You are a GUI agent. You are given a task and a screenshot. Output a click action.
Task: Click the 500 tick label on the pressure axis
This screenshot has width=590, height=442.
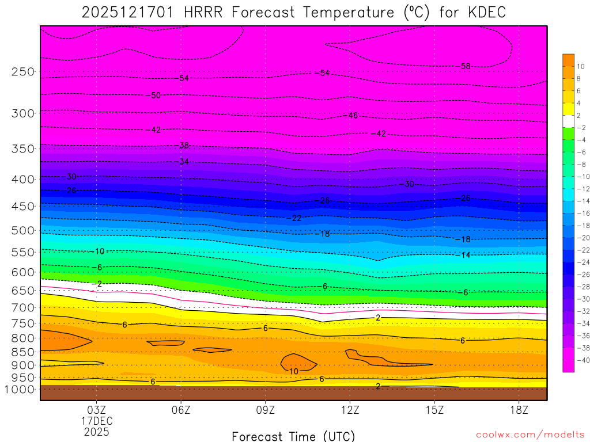point(23,230)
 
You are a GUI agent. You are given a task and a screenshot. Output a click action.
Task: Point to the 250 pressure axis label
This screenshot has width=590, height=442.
point(23,72)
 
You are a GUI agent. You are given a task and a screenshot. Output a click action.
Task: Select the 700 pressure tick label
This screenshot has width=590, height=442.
point(23,307)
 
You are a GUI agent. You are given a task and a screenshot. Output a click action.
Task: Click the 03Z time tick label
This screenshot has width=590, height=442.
point(96,410)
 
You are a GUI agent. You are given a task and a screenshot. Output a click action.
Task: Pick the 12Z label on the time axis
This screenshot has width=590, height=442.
point(350,410)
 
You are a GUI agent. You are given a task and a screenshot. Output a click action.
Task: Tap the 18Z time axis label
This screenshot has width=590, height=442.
point(519,410)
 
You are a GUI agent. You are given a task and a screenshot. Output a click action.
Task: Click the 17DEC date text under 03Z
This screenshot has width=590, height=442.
point(96,421)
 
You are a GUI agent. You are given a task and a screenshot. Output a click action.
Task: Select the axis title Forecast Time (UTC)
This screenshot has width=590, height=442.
point(293,436)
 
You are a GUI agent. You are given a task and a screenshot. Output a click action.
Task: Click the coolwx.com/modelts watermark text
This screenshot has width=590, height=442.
point(530,435)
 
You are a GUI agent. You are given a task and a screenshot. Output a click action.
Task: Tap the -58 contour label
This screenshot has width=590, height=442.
point(464,66)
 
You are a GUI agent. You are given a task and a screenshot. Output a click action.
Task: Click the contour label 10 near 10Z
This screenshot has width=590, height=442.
point(294,372)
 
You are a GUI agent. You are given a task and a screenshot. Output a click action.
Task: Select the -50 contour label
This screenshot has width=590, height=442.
point(154,96)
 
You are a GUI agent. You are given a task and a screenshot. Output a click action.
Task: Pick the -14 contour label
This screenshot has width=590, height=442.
point(464,255)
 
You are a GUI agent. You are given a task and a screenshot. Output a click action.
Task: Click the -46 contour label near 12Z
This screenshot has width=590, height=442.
point(353,116)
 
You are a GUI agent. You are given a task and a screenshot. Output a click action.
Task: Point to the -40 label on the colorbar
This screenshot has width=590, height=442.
point(580,360)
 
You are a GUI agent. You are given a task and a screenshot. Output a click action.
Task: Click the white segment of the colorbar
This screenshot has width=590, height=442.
point(568,121)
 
